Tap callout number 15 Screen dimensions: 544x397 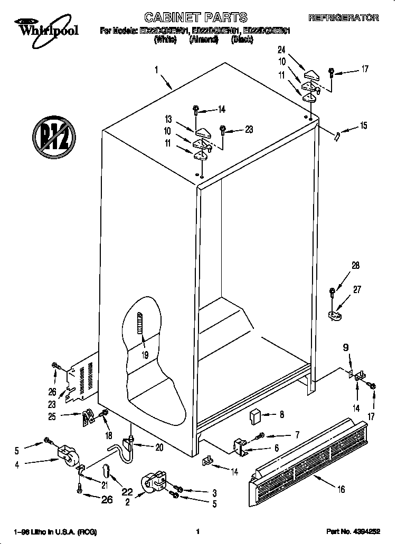pyautogui.click(x=363, y=125)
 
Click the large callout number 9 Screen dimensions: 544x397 pyautogui.click(x=346, y=348)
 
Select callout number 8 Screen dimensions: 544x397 pyautogui.click(x=281, y=415)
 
